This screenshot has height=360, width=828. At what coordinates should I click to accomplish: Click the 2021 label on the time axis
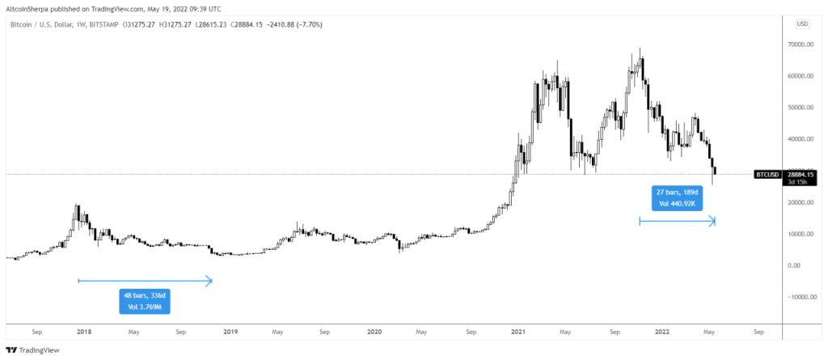tap(517, 332)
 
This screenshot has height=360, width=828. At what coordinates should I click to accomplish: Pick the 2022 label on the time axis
tap(662, 332)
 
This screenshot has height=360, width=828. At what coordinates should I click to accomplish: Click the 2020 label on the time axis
tap(374, 332)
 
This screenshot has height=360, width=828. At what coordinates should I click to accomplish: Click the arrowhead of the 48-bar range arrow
tap(209, 281)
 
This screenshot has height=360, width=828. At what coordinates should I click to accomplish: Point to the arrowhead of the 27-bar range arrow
tap(713, 220)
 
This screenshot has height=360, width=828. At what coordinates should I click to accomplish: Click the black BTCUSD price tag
tap(767, 174)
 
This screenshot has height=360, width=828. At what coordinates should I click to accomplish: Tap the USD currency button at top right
tap(803, 23)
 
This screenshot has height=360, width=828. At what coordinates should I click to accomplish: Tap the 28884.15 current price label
tap(802, 173)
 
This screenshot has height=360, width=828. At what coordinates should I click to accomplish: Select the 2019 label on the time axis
tap(230, 332)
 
